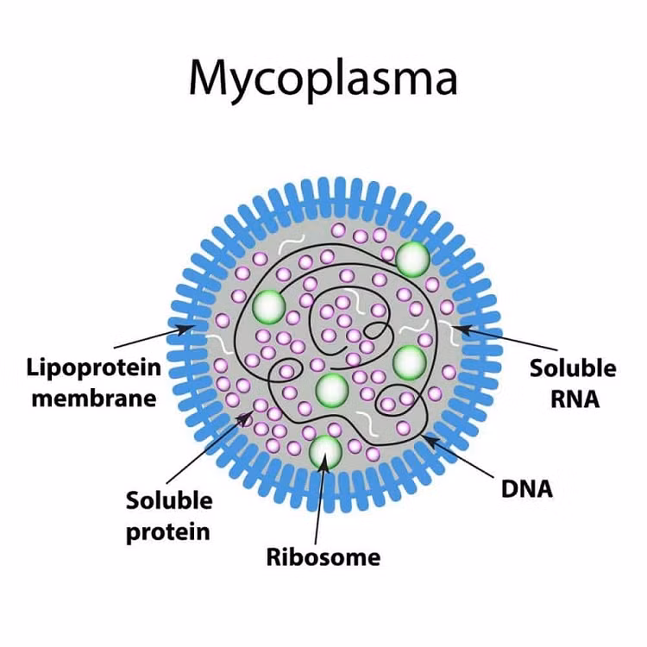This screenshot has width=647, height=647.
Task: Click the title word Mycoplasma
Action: point(323,79)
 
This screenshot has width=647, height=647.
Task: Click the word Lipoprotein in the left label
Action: point(93,368)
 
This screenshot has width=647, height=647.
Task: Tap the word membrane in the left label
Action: point(93,398)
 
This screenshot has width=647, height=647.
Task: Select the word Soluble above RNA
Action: point(573,368)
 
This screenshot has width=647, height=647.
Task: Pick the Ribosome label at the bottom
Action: point(323,556)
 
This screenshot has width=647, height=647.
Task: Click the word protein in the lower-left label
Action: point(168,531)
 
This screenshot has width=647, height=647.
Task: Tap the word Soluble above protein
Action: point(168,500)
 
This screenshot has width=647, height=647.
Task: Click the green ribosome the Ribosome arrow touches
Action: point(326,449)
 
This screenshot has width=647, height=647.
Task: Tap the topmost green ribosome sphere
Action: point(413,258)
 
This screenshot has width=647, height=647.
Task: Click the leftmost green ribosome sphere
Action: point(269,305)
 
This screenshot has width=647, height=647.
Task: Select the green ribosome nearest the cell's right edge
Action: point(410,361)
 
